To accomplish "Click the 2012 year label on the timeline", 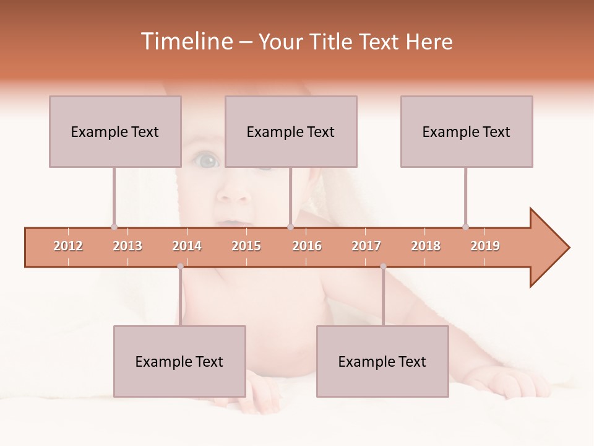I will pos(68,246).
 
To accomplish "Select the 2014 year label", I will pos(187,246).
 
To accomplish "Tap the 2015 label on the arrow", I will pos(246,246).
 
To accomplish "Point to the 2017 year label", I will pos(366,246).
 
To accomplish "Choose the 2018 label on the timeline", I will pos(426,246).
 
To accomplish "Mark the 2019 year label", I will pos(485,246).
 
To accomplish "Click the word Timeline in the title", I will pos(185,42).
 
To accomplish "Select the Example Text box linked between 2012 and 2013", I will pos(115,131).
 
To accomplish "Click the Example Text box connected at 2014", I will pos(179,361).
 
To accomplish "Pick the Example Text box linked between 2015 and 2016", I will pos(291,131).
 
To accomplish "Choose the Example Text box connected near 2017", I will pos(382,361).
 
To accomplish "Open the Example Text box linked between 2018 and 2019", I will pos(467,131).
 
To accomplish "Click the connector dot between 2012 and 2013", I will pos(114,227).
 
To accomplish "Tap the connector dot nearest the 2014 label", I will pos(180,266).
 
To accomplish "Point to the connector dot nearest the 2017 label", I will pos(383,266).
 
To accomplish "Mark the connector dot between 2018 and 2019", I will pos(465,227).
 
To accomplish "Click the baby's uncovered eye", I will pos(207,161).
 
